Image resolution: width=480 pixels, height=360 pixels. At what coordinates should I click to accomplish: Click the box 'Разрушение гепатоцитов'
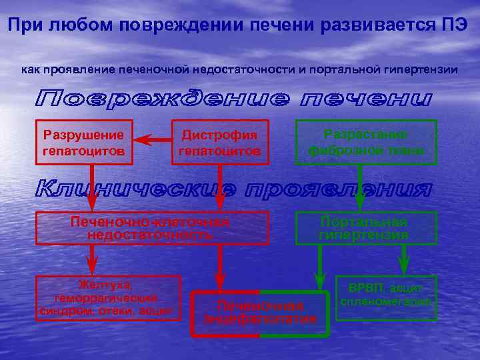click(84, 142)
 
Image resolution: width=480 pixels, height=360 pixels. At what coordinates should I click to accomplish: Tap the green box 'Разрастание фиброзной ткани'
click(366, 142)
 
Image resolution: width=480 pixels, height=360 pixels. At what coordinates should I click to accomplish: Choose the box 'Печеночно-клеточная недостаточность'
click(152, 228)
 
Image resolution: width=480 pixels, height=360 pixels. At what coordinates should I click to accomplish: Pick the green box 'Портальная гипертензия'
click(366, 228)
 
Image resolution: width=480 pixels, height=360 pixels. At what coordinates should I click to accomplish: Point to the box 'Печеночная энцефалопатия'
click(260, 313)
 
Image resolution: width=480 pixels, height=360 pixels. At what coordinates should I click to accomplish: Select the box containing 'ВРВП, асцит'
click(386, 298)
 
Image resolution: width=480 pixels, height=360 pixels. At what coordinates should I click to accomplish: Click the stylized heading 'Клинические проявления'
click(233, 189)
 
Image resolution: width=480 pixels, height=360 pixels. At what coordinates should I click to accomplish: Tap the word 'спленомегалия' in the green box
click(386, 302)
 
